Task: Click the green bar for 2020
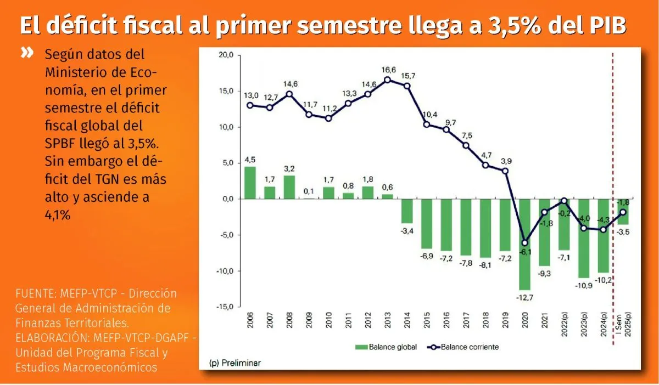525,244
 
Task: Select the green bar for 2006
250,183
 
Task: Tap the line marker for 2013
388,80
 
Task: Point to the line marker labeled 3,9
505,171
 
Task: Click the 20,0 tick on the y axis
226,55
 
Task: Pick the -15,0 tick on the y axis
225,307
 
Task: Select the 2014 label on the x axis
407,320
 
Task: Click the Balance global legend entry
387,347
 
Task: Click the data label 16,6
388,70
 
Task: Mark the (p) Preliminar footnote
235,363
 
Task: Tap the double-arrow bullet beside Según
26,54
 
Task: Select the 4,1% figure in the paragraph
58,216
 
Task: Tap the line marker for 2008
289,94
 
